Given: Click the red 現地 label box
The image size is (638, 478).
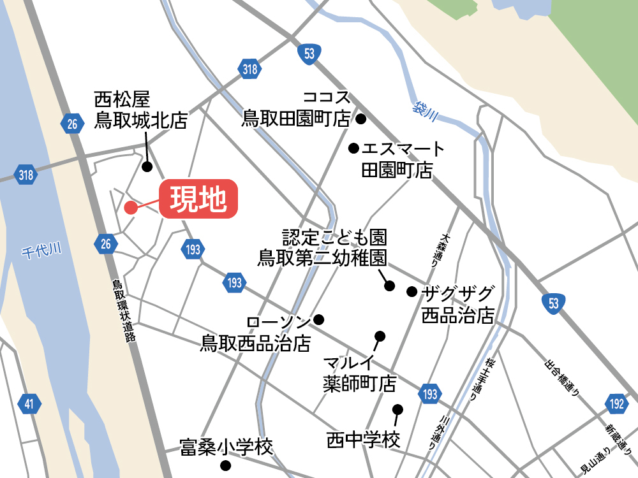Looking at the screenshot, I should pyautogui.click(x=198, y=200).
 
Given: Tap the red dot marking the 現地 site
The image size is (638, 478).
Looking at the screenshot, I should pyautogui.click(x=130, y=207).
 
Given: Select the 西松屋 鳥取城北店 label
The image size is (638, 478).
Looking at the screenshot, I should pyautogui.click(x=140, y=110).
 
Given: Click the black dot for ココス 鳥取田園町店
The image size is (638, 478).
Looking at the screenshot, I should pyautogui.click(x=360, y=119).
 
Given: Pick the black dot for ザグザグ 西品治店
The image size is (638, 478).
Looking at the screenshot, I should pyautogui.click(x=412, y=292).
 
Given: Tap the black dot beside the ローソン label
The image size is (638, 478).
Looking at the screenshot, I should pyautogui.click(x=319, y=319).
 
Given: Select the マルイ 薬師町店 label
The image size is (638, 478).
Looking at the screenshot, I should pyautogui.click(x=359, y=374).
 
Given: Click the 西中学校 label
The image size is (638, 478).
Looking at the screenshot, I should pyautogui.click(x=363, y=440).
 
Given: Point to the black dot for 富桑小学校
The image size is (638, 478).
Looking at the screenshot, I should pyautogui.click(x=225, y=465).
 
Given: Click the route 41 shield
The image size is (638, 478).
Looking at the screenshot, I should pyautogui.click(x=29, y=403).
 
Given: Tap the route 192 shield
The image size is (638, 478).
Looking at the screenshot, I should pyautogui.click(x=616, y=404).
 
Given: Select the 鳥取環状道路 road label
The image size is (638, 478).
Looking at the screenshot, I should pyautogui.click(x=125, y=312).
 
